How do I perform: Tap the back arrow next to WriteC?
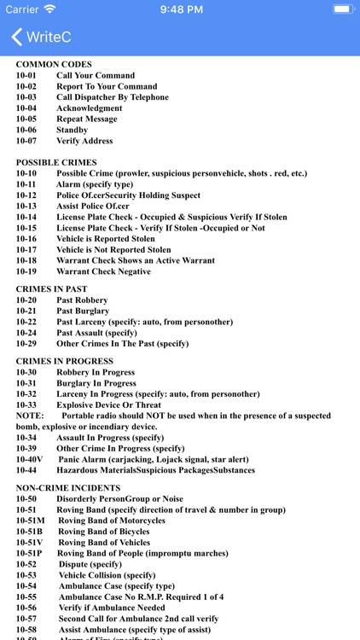[16, 38]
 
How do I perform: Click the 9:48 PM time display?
[179, 9]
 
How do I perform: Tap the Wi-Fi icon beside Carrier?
[49, 9]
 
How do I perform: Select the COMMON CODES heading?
[54, 65]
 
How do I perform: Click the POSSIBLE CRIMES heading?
[56, 162]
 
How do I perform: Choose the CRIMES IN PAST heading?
[51, 289]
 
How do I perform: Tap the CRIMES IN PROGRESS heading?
[64, 362]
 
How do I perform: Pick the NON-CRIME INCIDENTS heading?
[68, 488]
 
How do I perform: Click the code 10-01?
[26, 76]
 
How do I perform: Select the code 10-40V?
[29, 459]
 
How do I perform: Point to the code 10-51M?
[30, 521]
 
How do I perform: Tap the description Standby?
[72, 131]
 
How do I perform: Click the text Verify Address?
[84, 141]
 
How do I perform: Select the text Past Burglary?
[83, 311]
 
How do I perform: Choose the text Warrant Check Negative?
[103, 271]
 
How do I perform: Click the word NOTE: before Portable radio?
[28, 416]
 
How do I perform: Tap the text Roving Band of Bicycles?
[104, 532]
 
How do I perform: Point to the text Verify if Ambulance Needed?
[112, 608]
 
